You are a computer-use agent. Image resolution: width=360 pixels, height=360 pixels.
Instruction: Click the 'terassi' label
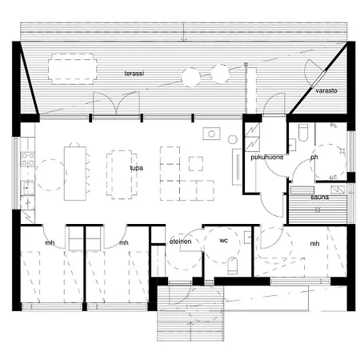pyautogui.click(x=134, y=74)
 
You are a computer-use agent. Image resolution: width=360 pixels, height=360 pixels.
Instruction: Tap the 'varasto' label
pyautogui.click(x=326, y=90)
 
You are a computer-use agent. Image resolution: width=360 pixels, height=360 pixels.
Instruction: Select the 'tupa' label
pyautogui.click(x=137, y=168)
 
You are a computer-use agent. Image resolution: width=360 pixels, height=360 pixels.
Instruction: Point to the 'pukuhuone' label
pyautogui.click(x=267, y=158)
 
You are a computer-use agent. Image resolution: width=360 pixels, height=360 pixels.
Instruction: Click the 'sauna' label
pyautogui.click(x=319, y=198)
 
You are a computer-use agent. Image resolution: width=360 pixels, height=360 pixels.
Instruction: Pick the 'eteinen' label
pyautogui.click(x=181, y=242)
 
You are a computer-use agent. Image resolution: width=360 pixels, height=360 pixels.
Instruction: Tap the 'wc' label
pyautogui.click(x=223, y=241)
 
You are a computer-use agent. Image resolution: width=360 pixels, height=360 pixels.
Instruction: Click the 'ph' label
pyautogui.click(x=314, y=158)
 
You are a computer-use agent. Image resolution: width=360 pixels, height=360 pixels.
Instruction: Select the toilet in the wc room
pyautogui.click(x=233, y=266)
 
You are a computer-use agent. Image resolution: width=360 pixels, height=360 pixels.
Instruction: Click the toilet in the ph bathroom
pyautogui.click(x=303, y=133)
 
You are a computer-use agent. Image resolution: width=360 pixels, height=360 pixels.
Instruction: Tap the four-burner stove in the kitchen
pyautogui.click(x=28, y=159)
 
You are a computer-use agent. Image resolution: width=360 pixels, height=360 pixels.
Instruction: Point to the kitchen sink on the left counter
pyautogui.click(x=27, y=187)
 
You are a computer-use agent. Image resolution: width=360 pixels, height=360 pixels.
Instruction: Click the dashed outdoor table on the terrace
pyautogui.click(x=72, y=69)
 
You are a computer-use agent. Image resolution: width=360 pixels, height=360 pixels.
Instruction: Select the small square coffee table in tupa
pyautogui.click(x=196, y=164)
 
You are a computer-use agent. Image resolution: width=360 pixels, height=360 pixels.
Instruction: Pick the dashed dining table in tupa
pyautogui.click(x=122, y=174)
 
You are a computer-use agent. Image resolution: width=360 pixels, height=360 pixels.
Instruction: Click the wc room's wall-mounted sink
pyautogui.click(x=248, y=237)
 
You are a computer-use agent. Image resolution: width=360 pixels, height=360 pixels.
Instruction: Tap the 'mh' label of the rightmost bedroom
pyautogui.click(x=314, y=244)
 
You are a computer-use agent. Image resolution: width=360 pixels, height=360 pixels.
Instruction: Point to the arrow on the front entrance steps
pyautogui.click(x=190, y=331)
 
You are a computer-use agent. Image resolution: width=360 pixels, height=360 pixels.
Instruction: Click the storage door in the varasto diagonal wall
pyautogui.click(x=318, y=79)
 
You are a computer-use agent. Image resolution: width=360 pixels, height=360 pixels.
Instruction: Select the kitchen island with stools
pyautogui.click(x=75, y=174)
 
